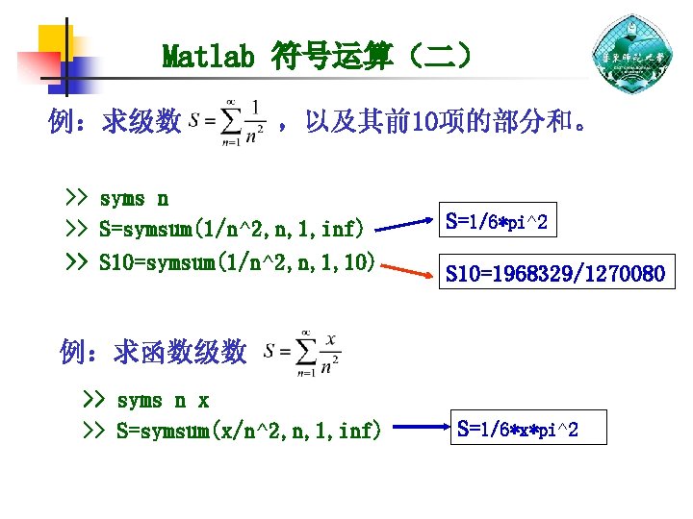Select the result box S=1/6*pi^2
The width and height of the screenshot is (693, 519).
pyautogui.click(x=498, y=222)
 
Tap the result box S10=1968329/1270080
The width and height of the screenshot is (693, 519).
pyautogui.click(x=553, y=275)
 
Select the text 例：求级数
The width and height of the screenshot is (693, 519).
pyautogui.click(x=115, y=122)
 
